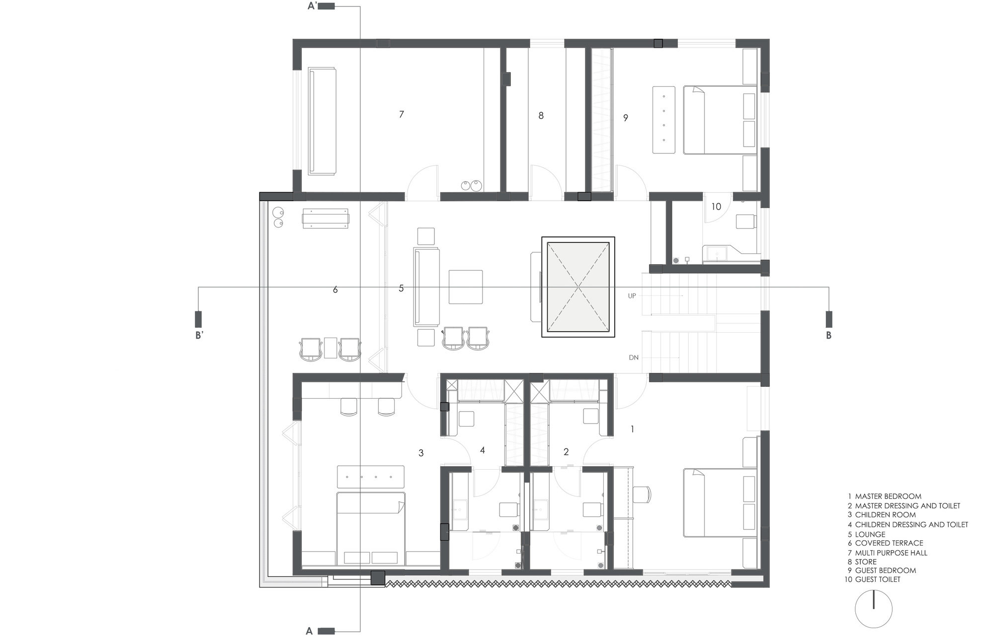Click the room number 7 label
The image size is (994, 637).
tap(402, 115)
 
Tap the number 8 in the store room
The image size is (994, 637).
tap(541, 116)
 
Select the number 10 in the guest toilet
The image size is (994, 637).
tap(716, 207)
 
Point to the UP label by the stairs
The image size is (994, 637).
tap(632, 296)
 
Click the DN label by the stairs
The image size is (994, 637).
tap(633, 357)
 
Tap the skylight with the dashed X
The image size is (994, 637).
tap(578, 287)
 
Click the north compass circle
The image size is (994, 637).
tap(873, 609)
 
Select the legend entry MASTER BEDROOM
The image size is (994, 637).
tap(888, 496)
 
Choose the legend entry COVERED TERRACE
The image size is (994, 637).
tap(889, 543)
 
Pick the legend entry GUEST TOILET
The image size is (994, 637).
tap(877, 579)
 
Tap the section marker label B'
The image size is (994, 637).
tap(199, 336)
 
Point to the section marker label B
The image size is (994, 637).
tap(828, 336)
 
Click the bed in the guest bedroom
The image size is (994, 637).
tap(720, 120)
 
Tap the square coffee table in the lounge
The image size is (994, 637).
tap(466, 287)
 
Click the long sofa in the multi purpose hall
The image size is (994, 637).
tap(322, 122)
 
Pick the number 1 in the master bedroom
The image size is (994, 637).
tap(632, 429)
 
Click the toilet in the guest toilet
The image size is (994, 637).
tap(745, 221)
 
